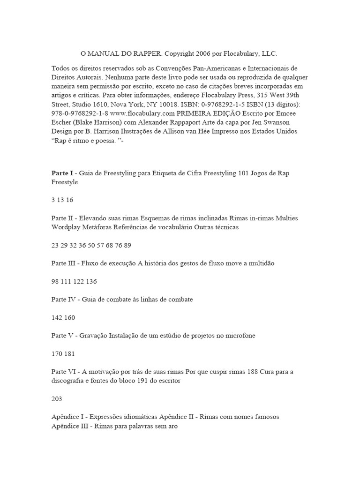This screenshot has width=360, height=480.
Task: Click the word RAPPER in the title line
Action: [144, 54]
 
